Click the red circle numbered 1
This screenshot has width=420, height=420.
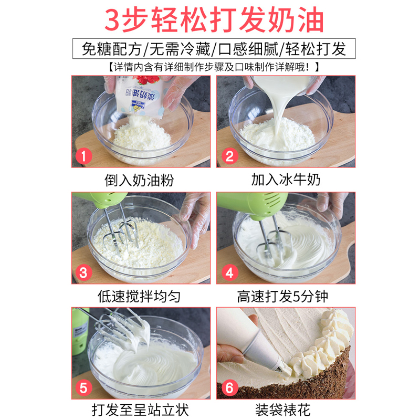click(83, 156)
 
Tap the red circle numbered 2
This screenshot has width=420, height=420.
click(230, 156)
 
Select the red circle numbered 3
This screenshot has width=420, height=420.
click(83, 272)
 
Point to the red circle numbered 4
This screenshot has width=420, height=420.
click(230, 272)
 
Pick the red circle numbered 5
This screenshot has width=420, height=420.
click(83, 388)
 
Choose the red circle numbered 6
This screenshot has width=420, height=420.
click(230, 388)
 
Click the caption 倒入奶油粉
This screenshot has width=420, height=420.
click(139, 180)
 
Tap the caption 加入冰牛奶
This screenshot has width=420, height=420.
click(286, 179)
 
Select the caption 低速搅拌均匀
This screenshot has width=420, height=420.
click(139, 296)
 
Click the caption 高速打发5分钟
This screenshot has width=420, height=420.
click(282, 296)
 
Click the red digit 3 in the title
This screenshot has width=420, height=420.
click(112, 20)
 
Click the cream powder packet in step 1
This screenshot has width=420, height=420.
click(139, 97)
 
